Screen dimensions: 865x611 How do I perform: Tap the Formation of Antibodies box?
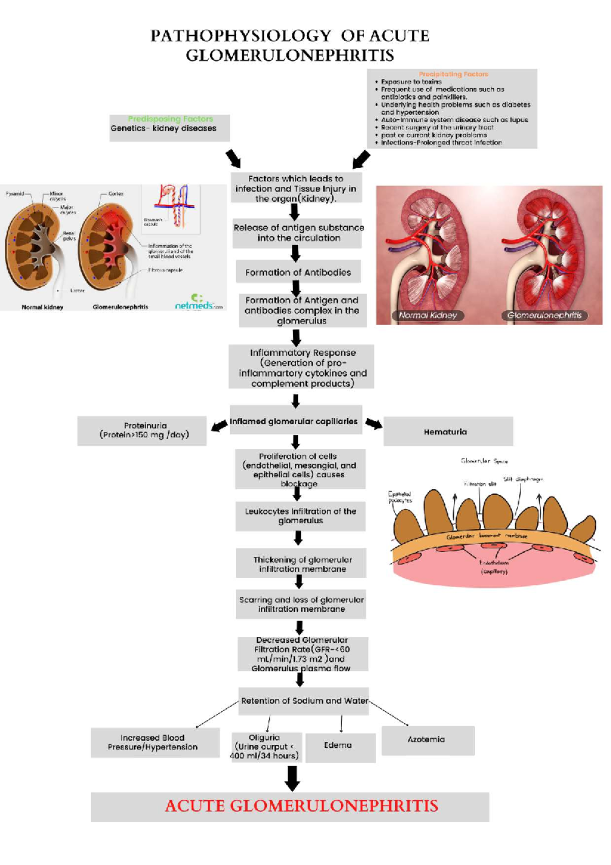(x=298, y=272)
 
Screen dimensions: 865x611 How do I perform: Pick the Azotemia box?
(x=427, y=740)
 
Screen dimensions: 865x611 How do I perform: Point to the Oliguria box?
(x=266, y=747)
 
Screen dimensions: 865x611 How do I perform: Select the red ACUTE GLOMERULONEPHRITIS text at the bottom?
(x=301, y=806)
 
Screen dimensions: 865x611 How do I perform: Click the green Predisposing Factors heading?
(x=171, y=119)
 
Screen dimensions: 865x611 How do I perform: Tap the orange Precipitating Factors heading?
(x=453, y=74)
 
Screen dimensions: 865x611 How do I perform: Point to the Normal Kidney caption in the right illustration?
(x=428, y=315)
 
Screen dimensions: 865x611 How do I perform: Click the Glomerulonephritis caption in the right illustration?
(x=544, y=315)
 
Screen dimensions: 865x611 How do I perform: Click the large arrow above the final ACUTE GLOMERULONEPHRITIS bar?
(x=292, y=778)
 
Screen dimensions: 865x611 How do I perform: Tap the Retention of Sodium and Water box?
(x=304, y=701)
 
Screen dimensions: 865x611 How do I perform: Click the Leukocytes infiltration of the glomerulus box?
(x=300, y=516)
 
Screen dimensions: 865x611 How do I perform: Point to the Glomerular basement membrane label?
(x=486, y=536)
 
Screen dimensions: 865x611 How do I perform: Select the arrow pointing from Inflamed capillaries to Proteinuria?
(x=219, y=426)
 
